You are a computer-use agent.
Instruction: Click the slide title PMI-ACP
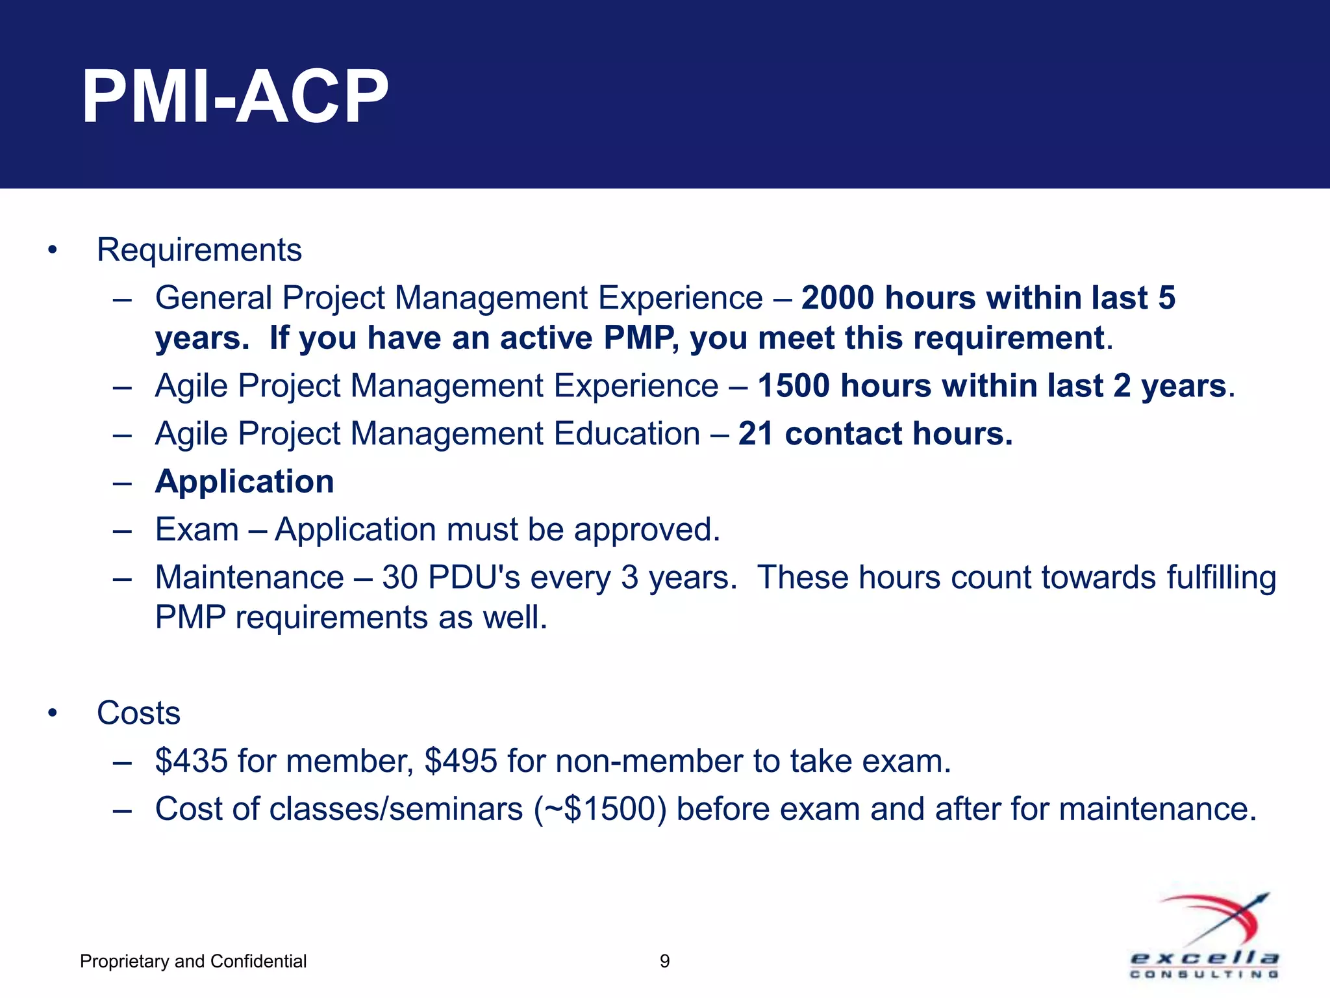point(235,97)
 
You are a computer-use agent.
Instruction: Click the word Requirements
point(199,250)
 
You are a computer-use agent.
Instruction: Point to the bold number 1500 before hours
point(793,386)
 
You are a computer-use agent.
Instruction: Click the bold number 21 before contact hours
point(755,434)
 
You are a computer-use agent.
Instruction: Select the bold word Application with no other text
point(244,481)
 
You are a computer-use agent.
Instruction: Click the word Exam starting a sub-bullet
point(197,530)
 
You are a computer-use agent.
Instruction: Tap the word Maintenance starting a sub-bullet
point(249,578)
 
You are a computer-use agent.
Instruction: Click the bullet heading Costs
point(138,713)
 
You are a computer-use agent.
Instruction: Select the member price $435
point(192,761)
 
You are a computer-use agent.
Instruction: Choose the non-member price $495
point(461,761)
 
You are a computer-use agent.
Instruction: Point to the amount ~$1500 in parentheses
point(599,809)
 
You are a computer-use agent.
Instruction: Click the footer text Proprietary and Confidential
point(193,961)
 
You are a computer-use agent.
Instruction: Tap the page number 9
point(664,961)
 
